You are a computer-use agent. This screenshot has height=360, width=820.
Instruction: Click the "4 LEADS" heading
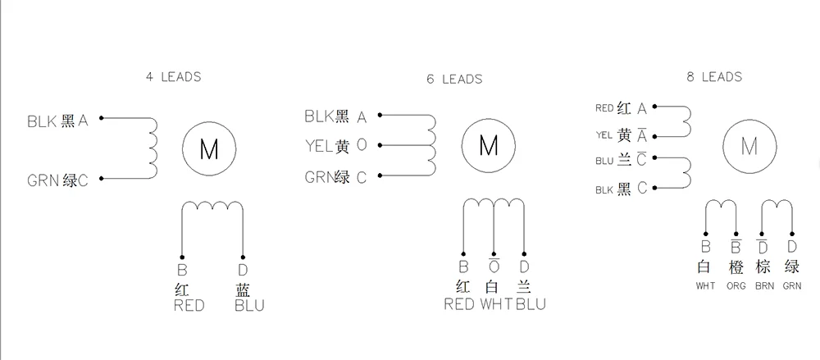pos(173,77)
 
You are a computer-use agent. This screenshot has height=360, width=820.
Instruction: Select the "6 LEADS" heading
pos(454,79)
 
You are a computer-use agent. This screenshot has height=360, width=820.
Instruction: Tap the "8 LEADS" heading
pos(714,77)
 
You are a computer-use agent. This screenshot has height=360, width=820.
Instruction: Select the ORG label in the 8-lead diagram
pos(736,286)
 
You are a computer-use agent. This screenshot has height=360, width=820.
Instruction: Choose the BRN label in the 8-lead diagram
pos(764,286)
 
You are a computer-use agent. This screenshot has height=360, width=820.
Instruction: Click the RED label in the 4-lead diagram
pos(189,306)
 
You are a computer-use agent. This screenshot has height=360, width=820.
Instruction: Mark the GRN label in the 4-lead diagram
pos(43,181)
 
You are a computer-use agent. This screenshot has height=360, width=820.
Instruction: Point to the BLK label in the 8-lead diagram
pos(604,190)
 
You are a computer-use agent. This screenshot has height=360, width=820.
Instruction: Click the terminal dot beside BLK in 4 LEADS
pos(102,118)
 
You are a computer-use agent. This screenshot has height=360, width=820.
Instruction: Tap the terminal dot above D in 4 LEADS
pos(243,257)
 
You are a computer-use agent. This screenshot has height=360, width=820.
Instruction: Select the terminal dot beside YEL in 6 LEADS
pos(380,145)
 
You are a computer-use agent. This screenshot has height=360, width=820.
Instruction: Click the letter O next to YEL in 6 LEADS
pos(362,145)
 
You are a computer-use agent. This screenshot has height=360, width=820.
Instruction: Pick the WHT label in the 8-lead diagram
pos(705,286)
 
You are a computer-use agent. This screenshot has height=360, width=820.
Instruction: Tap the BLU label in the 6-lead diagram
pos(531,304)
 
